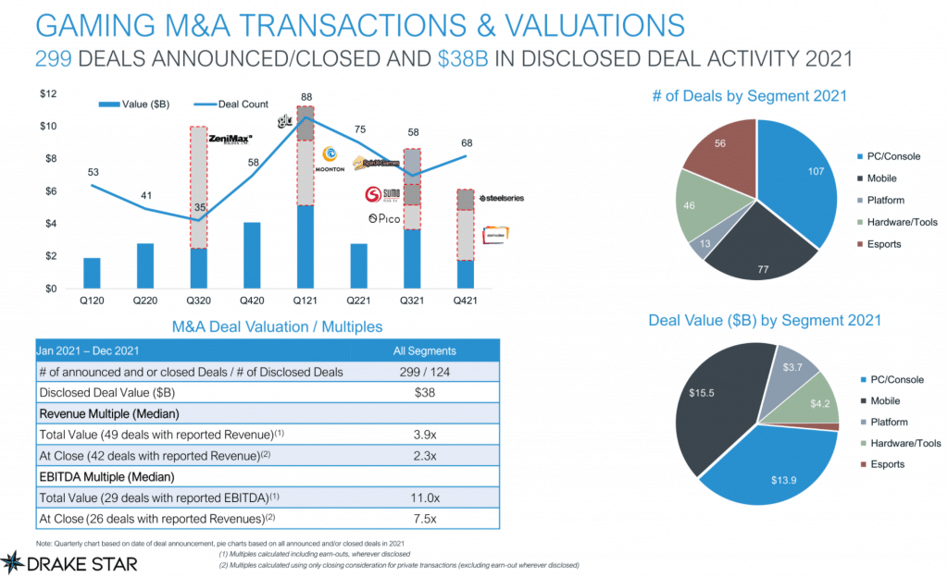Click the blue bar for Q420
point(252,255)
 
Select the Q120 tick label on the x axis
point(92,301)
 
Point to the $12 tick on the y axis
point(46,94)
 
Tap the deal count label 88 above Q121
point(306,96)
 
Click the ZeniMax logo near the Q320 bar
point(231,140)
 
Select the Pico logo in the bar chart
point(382,218)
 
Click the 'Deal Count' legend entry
point(243,104)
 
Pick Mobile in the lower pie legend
point(886,400)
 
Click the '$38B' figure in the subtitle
point(460,59)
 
